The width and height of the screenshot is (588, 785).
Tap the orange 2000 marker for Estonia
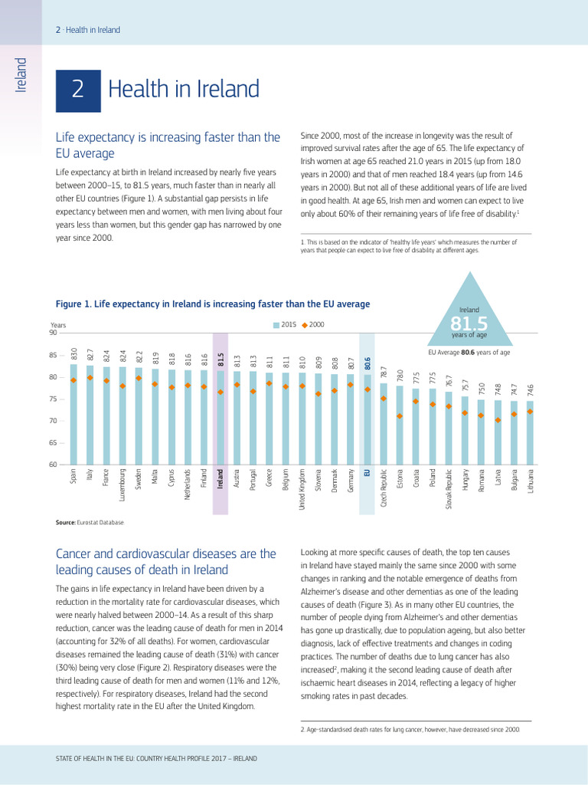400,416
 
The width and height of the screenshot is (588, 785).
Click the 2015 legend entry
286,325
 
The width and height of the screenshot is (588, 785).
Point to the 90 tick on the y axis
53,333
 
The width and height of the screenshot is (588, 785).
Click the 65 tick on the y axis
53,443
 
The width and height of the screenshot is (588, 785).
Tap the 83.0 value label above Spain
74,353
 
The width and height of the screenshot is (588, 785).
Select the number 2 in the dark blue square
77,90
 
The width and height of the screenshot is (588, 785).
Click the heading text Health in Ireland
184,90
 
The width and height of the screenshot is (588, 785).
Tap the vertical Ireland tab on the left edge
21,74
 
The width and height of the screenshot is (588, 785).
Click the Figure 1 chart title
213,304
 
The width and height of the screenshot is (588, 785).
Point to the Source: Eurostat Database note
90,522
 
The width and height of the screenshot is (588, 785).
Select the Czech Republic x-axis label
384,488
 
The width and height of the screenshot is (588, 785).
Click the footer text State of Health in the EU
156,758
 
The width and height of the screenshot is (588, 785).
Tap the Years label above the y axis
59,325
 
